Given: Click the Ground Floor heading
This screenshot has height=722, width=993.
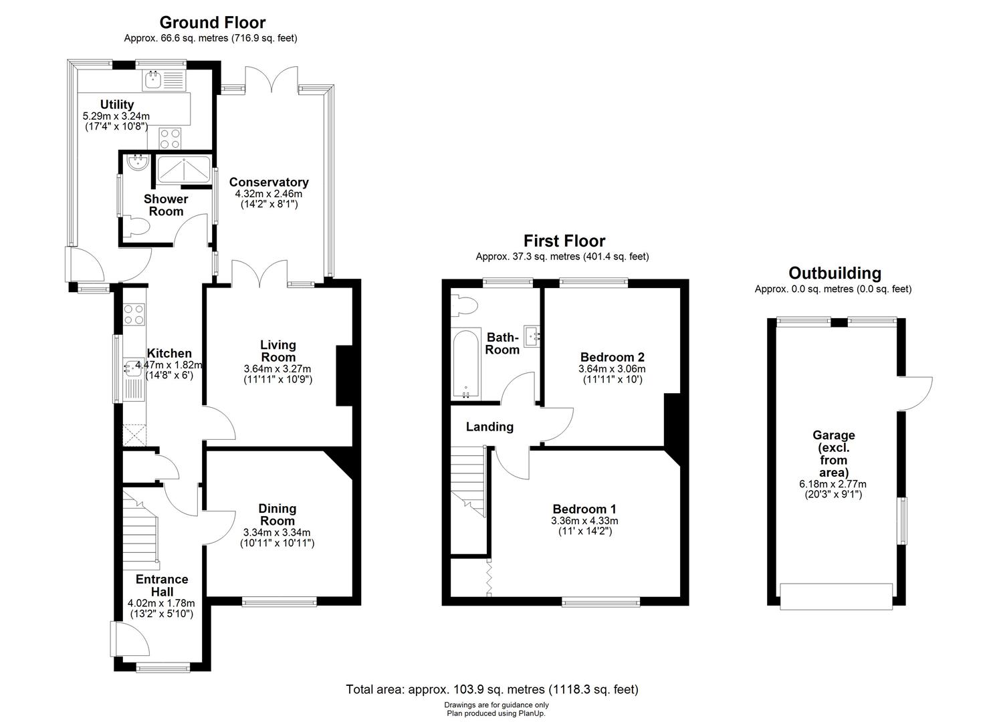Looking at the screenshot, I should pyautogui.click(x=212, y=23).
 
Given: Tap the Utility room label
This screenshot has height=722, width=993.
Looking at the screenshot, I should pyautogui.click(x=117, y=104).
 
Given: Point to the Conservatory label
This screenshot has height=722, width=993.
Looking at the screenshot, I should pyautogui.click(x=269, y=182).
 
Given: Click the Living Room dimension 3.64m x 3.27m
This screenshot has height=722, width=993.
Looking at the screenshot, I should pyautogui.click(x=278, y=368).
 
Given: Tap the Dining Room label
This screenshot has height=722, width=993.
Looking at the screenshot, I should pyautogui.click(x=277, y=515).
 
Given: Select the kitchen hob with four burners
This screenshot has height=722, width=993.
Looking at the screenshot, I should pyautogui.click(x=134, y=314).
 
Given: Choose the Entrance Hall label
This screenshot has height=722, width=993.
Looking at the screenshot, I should pyautogui.click(x=162, y=586).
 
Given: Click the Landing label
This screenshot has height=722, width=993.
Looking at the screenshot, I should pyautogui.click(x=489, y=427).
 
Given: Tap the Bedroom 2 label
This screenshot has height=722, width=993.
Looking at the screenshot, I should pyautogui.click(x=612, y=356).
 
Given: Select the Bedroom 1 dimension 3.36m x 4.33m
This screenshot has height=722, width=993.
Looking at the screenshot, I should pyautogui.click(x=584, y=521).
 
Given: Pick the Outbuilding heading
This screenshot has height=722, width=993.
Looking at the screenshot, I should pyautogui.click(x=835, y=273).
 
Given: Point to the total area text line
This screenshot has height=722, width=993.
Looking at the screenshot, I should pyautogui.click(x=491, y=689).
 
